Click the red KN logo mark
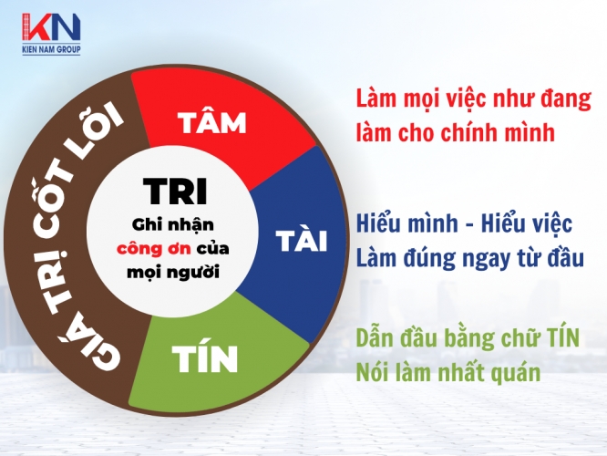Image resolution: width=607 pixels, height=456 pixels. click(51, 27)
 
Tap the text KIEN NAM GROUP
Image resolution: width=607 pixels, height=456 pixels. click(51, 49)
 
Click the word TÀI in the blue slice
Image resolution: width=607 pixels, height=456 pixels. click(302, 239)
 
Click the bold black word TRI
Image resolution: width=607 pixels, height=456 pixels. click(175, 191)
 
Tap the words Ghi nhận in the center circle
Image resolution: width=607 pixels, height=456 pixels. click(172, 225)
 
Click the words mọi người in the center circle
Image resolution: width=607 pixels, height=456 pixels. click(173, 272)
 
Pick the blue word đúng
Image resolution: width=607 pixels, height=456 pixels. click(429, 258)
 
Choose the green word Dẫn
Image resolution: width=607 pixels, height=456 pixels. click(373, 337)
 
